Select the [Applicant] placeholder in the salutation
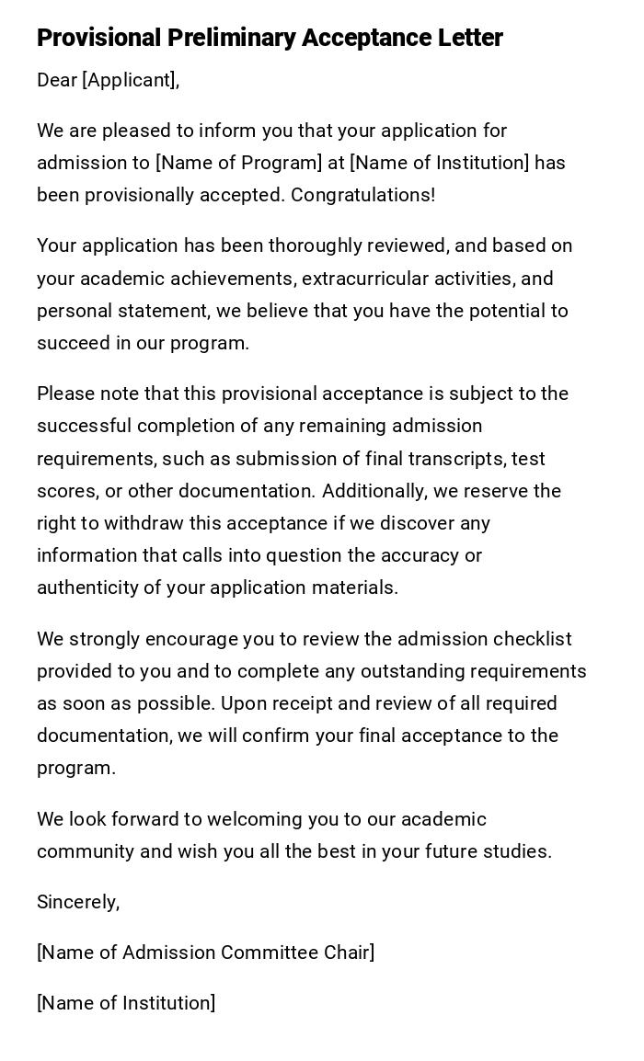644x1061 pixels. pyautogui.click(x=129, y=80)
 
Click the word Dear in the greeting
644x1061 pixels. pyautogui.click(x=56, y=80)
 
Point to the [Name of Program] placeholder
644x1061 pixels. pyautogui.click(x=239, y=163)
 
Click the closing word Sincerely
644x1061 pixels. pyautogui.click(x=77, y=902)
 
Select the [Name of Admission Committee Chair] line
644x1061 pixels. pyautogui.click(x=205, y=953)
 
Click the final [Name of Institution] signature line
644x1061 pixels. pyautogui.click(x=126, y=1003)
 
